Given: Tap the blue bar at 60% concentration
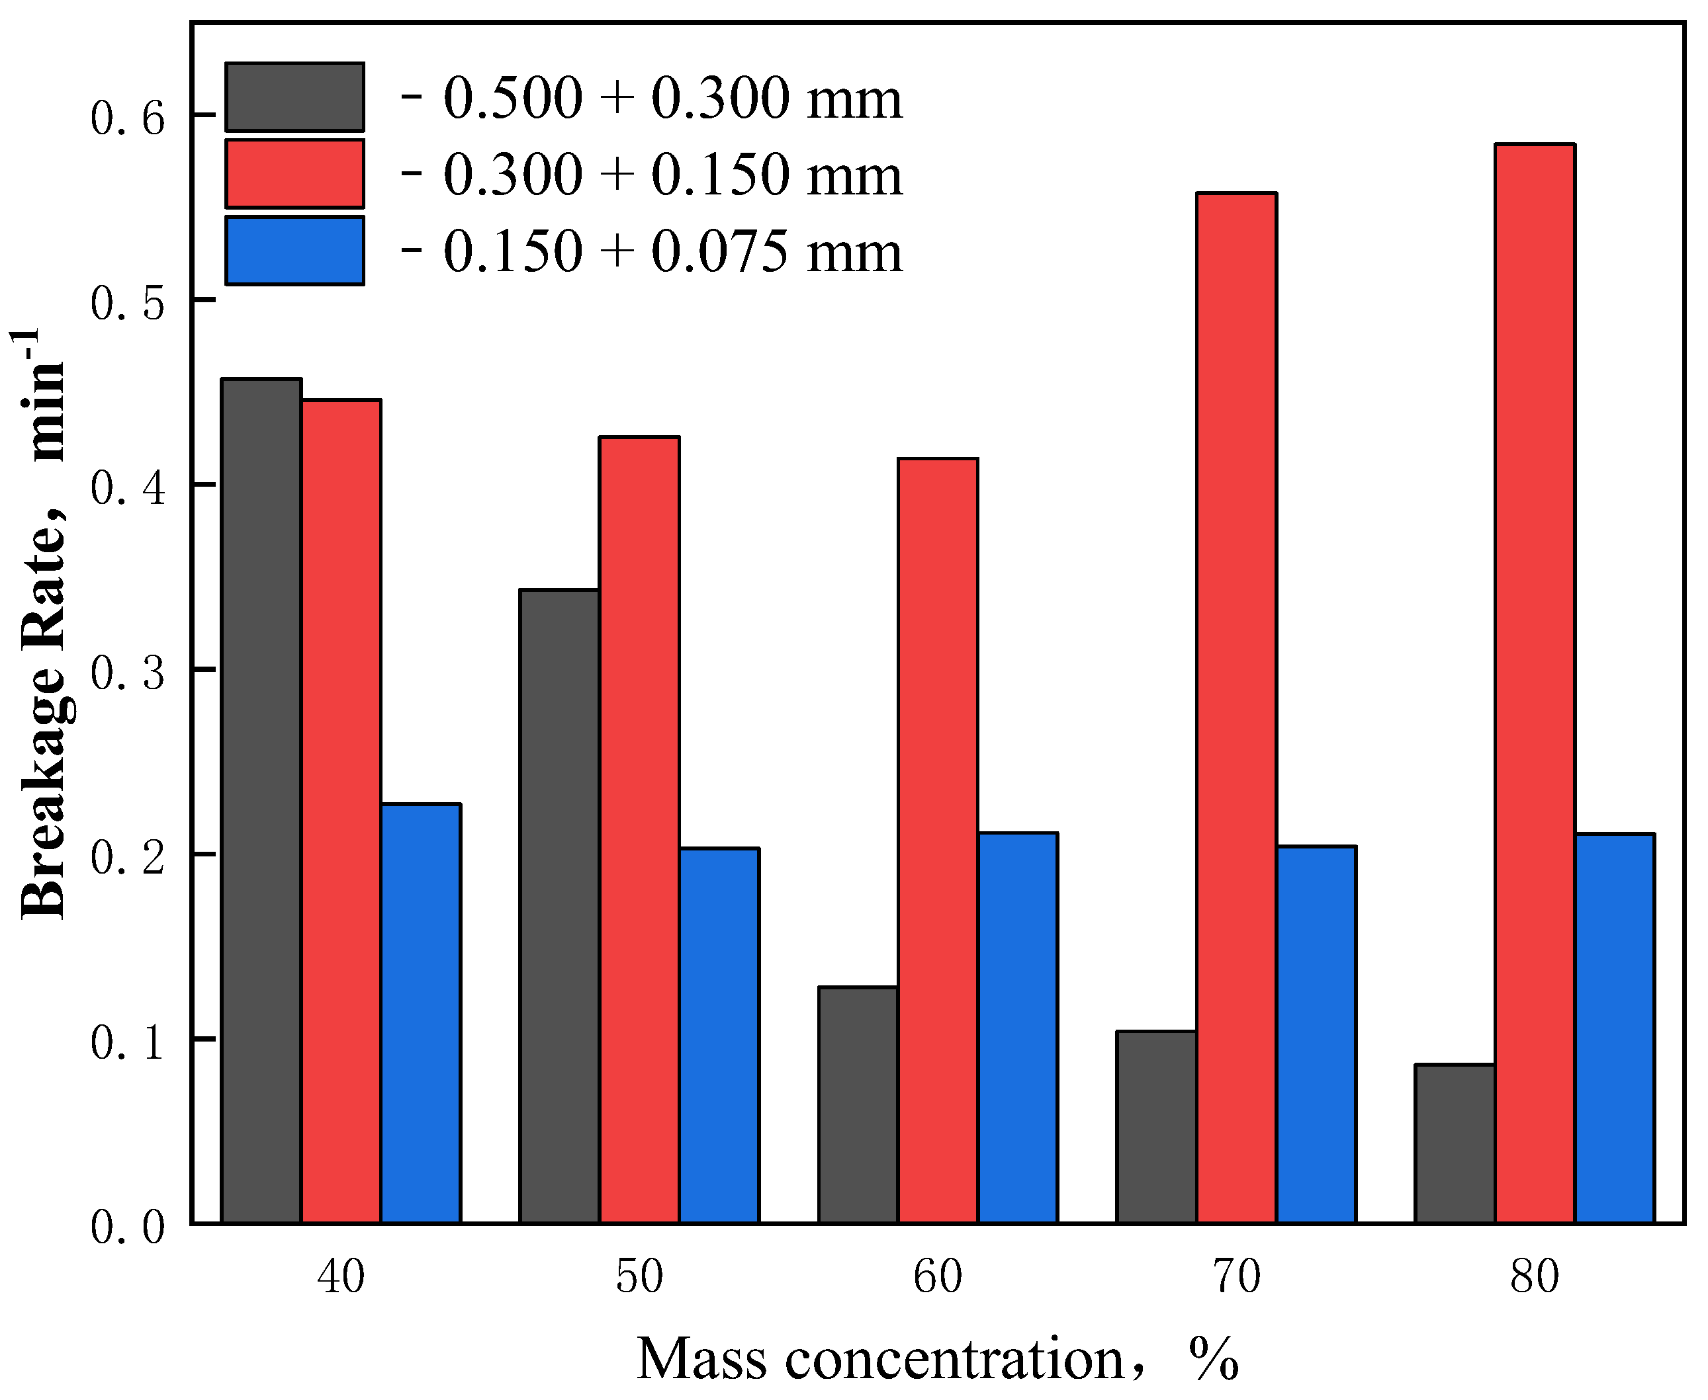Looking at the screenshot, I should [x=1017, y=1028].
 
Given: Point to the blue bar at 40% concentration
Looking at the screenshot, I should [x=420, y=1014].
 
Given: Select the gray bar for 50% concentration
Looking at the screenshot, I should [x=559, y=907].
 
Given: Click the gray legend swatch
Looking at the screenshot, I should [x=294, y=97].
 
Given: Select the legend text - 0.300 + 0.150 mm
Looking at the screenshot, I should [x=652, y=174].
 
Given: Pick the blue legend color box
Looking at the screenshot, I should [x=294, y=251].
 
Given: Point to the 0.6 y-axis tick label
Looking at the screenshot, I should [x=128, y=118].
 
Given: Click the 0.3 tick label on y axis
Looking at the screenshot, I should [x=128, y=672].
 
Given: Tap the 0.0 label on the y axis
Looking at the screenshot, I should [x=128, y=1227].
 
